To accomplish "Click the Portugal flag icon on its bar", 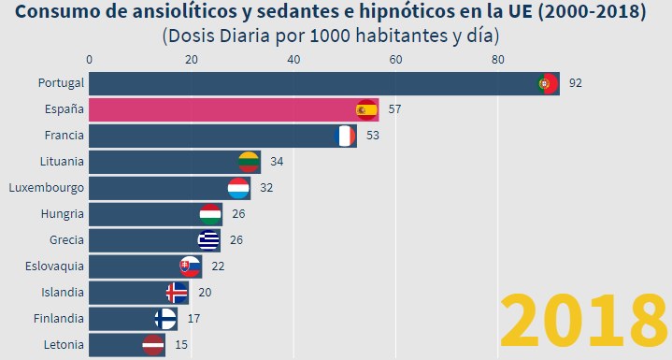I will click(x=549, y=83).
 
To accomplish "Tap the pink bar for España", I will click(x=224, y=109).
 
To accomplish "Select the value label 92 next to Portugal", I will click(x=575, y=83).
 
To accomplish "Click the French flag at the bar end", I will click(x=345, y=137).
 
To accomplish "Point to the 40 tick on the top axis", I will click(x=293, y=59).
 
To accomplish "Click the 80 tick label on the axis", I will click(x=498, y=59).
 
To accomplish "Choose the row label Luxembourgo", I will click(x=47, y=188).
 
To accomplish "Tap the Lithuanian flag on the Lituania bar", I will click(x=249, y=162).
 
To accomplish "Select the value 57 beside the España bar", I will click(x=394, y=109).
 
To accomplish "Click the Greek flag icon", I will click(x=208, y=240).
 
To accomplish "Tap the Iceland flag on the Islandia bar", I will click(x=176, y=293).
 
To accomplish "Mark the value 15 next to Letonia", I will click(x=180, y=345).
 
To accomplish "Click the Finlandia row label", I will click(x=58, y=319).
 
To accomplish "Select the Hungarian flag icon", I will click(x=211, y=214).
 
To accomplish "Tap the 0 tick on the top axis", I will click(x=89, y=59).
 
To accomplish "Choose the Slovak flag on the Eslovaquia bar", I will click(x=191, y=266).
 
